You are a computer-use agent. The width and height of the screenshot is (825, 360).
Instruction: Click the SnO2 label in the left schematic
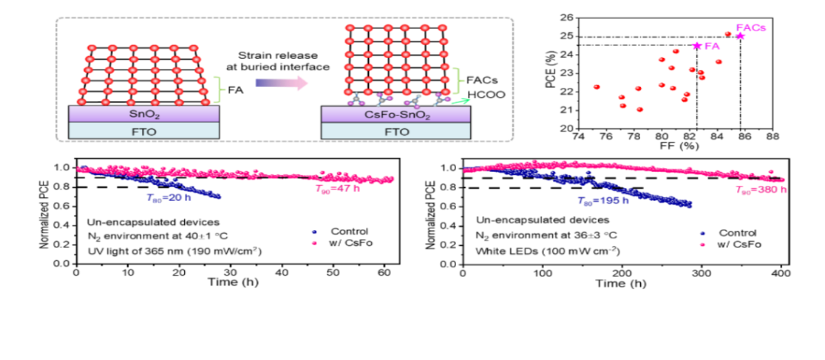click(x=144, y=114)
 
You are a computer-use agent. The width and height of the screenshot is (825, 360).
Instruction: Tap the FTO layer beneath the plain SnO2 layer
click(x=144, y=131)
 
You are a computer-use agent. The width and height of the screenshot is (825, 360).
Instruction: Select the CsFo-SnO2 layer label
click(x=396, y=115)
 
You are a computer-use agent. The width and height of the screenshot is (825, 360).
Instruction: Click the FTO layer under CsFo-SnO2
click(x=396, y=131)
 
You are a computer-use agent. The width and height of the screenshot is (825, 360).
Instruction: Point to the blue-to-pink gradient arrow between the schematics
click(x=282, y=83)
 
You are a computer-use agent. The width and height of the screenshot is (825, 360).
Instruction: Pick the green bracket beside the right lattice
click(x=458, y=81)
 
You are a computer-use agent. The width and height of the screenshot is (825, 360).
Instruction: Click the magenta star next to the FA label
click(x=696, y=46)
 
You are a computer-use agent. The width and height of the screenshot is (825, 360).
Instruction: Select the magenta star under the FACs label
click(x=740, y=36)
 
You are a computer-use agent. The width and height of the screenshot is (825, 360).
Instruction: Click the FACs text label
click(x=751, y=28)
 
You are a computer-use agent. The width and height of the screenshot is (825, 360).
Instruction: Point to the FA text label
click(x=711, y=47)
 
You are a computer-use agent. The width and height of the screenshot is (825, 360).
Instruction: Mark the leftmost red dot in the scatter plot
click(x=597, y=86)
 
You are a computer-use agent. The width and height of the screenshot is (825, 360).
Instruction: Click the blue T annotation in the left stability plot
click(x=167, y=197)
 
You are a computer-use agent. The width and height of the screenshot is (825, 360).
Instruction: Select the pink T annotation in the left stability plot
click(x=337, y=189)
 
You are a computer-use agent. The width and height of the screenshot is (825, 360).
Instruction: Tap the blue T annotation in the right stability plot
click(x=603, y=200)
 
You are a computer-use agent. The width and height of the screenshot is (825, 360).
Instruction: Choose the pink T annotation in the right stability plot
click(x=761, y=190)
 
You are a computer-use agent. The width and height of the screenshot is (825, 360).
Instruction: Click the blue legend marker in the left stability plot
click(x=314, y=232)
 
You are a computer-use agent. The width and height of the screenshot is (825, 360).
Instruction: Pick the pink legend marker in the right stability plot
click(x=702, y=245)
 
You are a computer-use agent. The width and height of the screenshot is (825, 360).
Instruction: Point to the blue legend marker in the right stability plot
click(x=702, y=232)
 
